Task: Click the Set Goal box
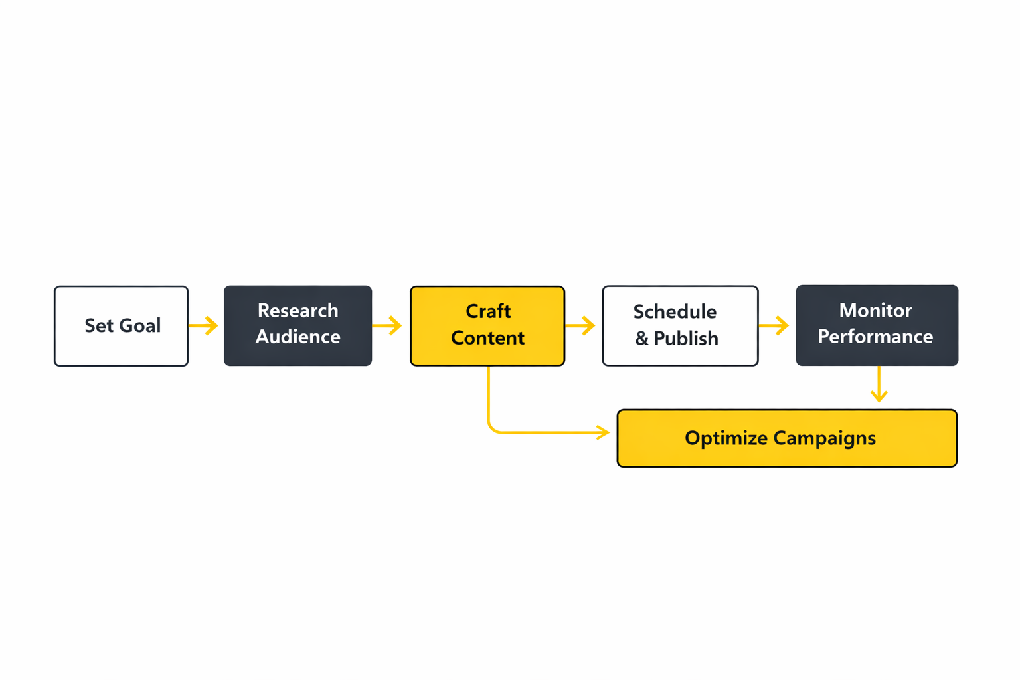point(121,325)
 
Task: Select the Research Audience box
point(297,325)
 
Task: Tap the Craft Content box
point(487,325)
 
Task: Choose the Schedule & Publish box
point(680,325)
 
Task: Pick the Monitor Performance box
point(877,325)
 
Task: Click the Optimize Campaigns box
point(787,438)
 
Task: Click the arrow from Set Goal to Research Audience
point(204,325)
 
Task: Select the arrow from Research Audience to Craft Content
point(388,325)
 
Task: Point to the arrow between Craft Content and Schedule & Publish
point(580,325)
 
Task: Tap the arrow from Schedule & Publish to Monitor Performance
point(774,325)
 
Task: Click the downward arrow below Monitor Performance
point(879,385)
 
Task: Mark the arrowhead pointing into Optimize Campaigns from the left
point(603,432)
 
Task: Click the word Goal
point(140,325)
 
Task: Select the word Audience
point(297,337)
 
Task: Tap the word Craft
point(488,311)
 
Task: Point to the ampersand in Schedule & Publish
point(641,339)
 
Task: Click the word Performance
point(875,337)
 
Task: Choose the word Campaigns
point(824,438)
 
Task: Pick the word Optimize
point(726,438)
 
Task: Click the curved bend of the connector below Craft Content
point(492,428)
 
